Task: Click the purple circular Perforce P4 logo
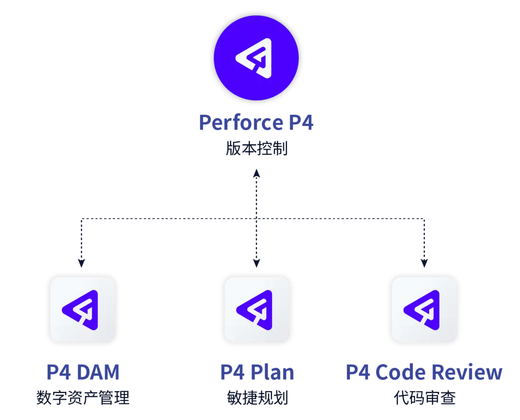[256, 57]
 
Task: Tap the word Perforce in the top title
[240, 123]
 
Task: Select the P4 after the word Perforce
[300, 123]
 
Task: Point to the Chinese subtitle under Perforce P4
[256, 151]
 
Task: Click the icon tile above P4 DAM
[83, 310]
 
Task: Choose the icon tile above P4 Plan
[257, 310]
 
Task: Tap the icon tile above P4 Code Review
[424, 310]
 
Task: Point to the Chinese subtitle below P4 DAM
[83, 397]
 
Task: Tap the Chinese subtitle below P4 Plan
[257, 397]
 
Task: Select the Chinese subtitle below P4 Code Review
[425, 397]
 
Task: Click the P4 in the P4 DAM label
[57, 373]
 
